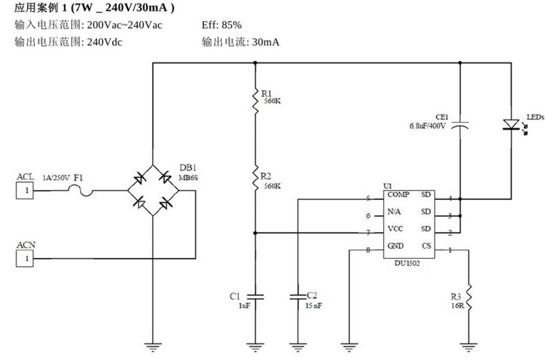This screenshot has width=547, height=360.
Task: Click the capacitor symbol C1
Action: [254, 296]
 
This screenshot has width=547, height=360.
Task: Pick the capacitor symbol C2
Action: [298, 296]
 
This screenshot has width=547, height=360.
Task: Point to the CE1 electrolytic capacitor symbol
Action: [461, 125]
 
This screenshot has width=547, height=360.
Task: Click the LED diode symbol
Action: [510, 125]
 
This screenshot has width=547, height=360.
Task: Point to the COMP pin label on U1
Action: [398, 195]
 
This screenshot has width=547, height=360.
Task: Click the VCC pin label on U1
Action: [395, 229]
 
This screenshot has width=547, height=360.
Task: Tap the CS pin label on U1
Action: [426, 245]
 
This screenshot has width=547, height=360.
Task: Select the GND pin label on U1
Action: [396, 245]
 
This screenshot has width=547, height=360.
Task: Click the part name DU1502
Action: [407, 263]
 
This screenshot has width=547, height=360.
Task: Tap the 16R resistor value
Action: [456, 306]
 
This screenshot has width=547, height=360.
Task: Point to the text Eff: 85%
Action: [222, 25]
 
